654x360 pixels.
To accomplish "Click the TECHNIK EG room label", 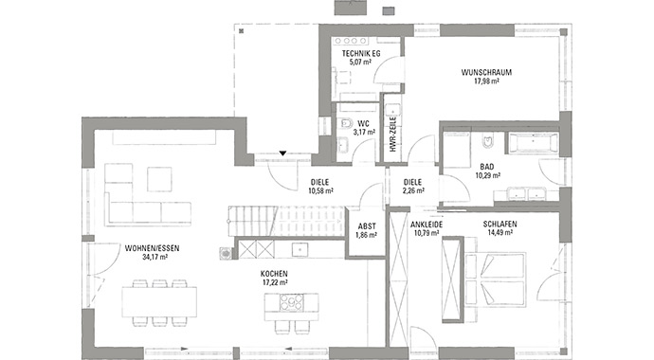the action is [361, 54].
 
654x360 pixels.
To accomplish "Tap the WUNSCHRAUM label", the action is [486, 73].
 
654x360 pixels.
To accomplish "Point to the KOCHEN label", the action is [274, 274].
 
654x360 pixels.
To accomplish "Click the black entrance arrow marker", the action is [282, 153].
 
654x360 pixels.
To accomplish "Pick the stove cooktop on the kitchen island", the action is [292, 302].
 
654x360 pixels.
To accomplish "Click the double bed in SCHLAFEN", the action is [495, 279].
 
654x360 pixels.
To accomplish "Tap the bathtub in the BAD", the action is [533, 143].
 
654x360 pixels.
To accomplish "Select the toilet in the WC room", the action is [346, 123].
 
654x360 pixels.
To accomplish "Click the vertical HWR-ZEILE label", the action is [393, 134].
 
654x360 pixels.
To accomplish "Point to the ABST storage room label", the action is [367, 226].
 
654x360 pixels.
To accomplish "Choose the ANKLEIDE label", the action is [427, 225].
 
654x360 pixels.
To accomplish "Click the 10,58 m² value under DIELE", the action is [320, 191].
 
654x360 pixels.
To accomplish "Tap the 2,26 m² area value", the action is [413, 191].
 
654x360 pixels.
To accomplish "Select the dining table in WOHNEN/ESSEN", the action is [159, 301].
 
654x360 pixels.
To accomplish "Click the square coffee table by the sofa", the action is [159, 180].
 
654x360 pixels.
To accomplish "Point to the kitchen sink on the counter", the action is [300, 249].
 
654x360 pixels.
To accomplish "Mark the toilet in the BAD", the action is [487, 142].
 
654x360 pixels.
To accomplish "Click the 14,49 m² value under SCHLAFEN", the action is [500, 233].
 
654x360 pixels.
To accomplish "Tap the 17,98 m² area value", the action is [486, 81].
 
